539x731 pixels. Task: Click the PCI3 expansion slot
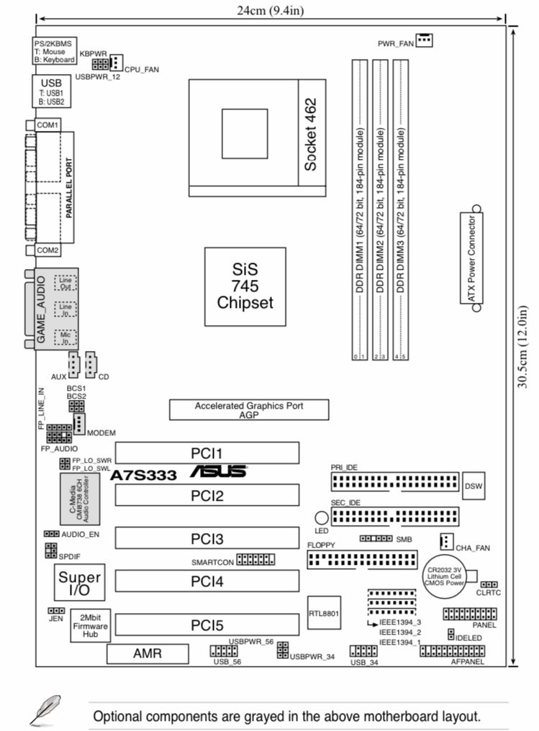207,538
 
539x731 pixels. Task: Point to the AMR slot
148,653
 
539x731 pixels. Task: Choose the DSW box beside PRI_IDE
473,486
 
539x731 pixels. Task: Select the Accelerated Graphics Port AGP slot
249,410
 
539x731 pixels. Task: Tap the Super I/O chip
80,584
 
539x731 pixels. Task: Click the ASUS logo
219,472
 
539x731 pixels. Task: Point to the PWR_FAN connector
424,40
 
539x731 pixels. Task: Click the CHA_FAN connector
446,541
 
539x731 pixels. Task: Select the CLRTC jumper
490,585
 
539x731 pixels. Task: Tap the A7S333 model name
146,476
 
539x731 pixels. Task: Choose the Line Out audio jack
66,282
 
